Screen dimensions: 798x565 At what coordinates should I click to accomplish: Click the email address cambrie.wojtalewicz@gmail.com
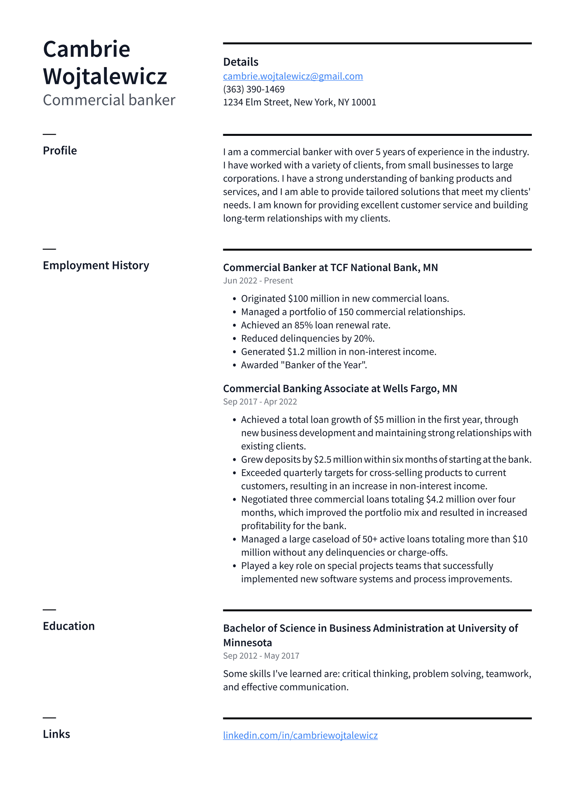pos(293,76)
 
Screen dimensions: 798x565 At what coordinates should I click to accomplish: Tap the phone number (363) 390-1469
pos(254,89)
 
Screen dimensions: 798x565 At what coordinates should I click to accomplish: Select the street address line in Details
pos(299,102)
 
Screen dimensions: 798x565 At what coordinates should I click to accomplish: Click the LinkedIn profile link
pos(300,735)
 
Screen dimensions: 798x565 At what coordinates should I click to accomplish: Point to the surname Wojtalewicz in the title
pos(105,77)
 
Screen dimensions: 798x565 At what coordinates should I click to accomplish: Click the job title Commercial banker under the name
pos(109,100)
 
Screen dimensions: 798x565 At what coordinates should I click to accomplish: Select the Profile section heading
pos(60,151)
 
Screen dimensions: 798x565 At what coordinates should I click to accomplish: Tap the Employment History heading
pos(96,265)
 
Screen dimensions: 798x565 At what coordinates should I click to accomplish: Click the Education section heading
pos(69,626)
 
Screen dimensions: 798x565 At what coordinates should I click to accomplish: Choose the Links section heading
pos(56,734)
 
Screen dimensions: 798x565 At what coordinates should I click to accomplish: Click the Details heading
pos(240,62)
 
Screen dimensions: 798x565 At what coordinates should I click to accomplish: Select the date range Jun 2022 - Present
pos(258,281)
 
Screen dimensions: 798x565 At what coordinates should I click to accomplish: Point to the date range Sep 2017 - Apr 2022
pos(260,402)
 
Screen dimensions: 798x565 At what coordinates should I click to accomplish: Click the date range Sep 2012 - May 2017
pos(261,656)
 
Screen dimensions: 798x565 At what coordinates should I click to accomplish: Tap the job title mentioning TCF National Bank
pos(330,268)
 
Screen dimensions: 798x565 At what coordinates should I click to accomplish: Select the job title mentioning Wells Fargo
pos(340,389)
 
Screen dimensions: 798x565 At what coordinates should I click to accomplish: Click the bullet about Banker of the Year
pos(304,365)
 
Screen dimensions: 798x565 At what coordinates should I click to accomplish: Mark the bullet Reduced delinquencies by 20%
pos(308,338)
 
